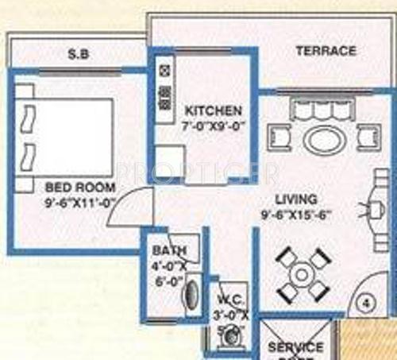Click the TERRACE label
326,51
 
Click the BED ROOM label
81,188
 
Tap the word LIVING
296,199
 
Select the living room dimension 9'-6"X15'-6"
297,214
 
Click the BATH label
168,252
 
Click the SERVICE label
295,347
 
